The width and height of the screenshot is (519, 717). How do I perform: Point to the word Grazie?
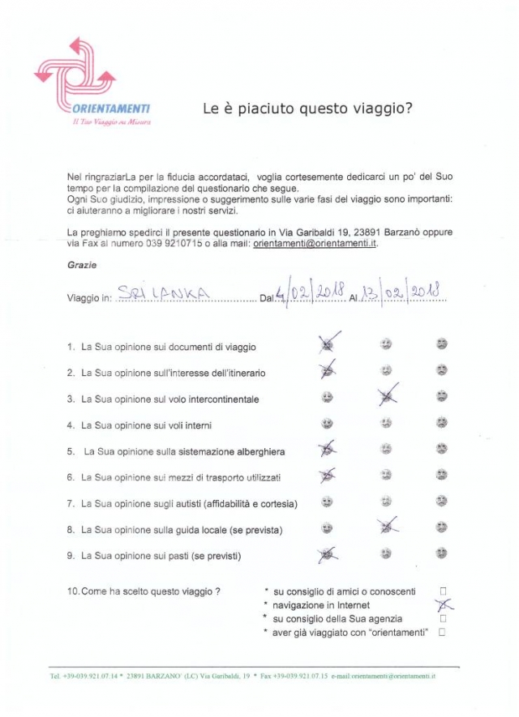coord(81,265)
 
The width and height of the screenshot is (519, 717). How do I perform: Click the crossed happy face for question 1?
coord(327,345)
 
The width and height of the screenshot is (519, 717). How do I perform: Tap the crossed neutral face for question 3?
coord(387,397)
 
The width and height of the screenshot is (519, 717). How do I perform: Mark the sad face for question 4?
coord(441,423)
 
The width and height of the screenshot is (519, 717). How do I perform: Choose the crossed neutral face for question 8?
coord(387,527)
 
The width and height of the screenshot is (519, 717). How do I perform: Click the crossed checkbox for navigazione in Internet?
coord(443,604)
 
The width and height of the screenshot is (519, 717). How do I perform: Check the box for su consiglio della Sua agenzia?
coord(443,618)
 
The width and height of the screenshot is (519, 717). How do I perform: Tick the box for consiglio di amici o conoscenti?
coord(443,591)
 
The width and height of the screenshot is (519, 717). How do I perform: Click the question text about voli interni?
coord(146,425)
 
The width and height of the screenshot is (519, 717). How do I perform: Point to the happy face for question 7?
coord(327,501)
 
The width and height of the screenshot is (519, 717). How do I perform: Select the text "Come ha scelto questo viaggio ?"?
coord(144,591)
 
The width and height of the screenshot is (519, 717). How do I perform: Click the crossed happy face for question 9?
coord(327,554)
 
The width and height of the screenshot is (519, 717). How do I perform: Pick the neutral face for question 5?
coord(387,450)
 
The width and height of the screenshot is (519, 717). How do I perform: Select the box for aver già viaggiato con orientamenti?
coord(443,632)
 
